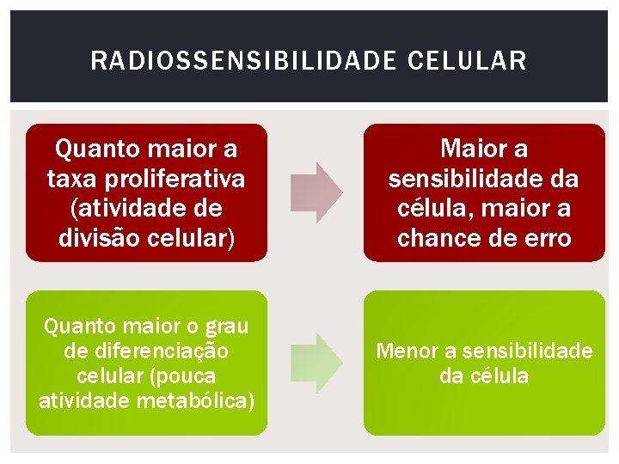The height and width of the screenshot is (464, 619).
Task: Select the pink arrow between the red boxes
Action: click(316, 192)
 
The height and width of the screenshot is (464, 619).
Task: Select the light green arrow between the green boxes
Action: click(316, 363)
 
